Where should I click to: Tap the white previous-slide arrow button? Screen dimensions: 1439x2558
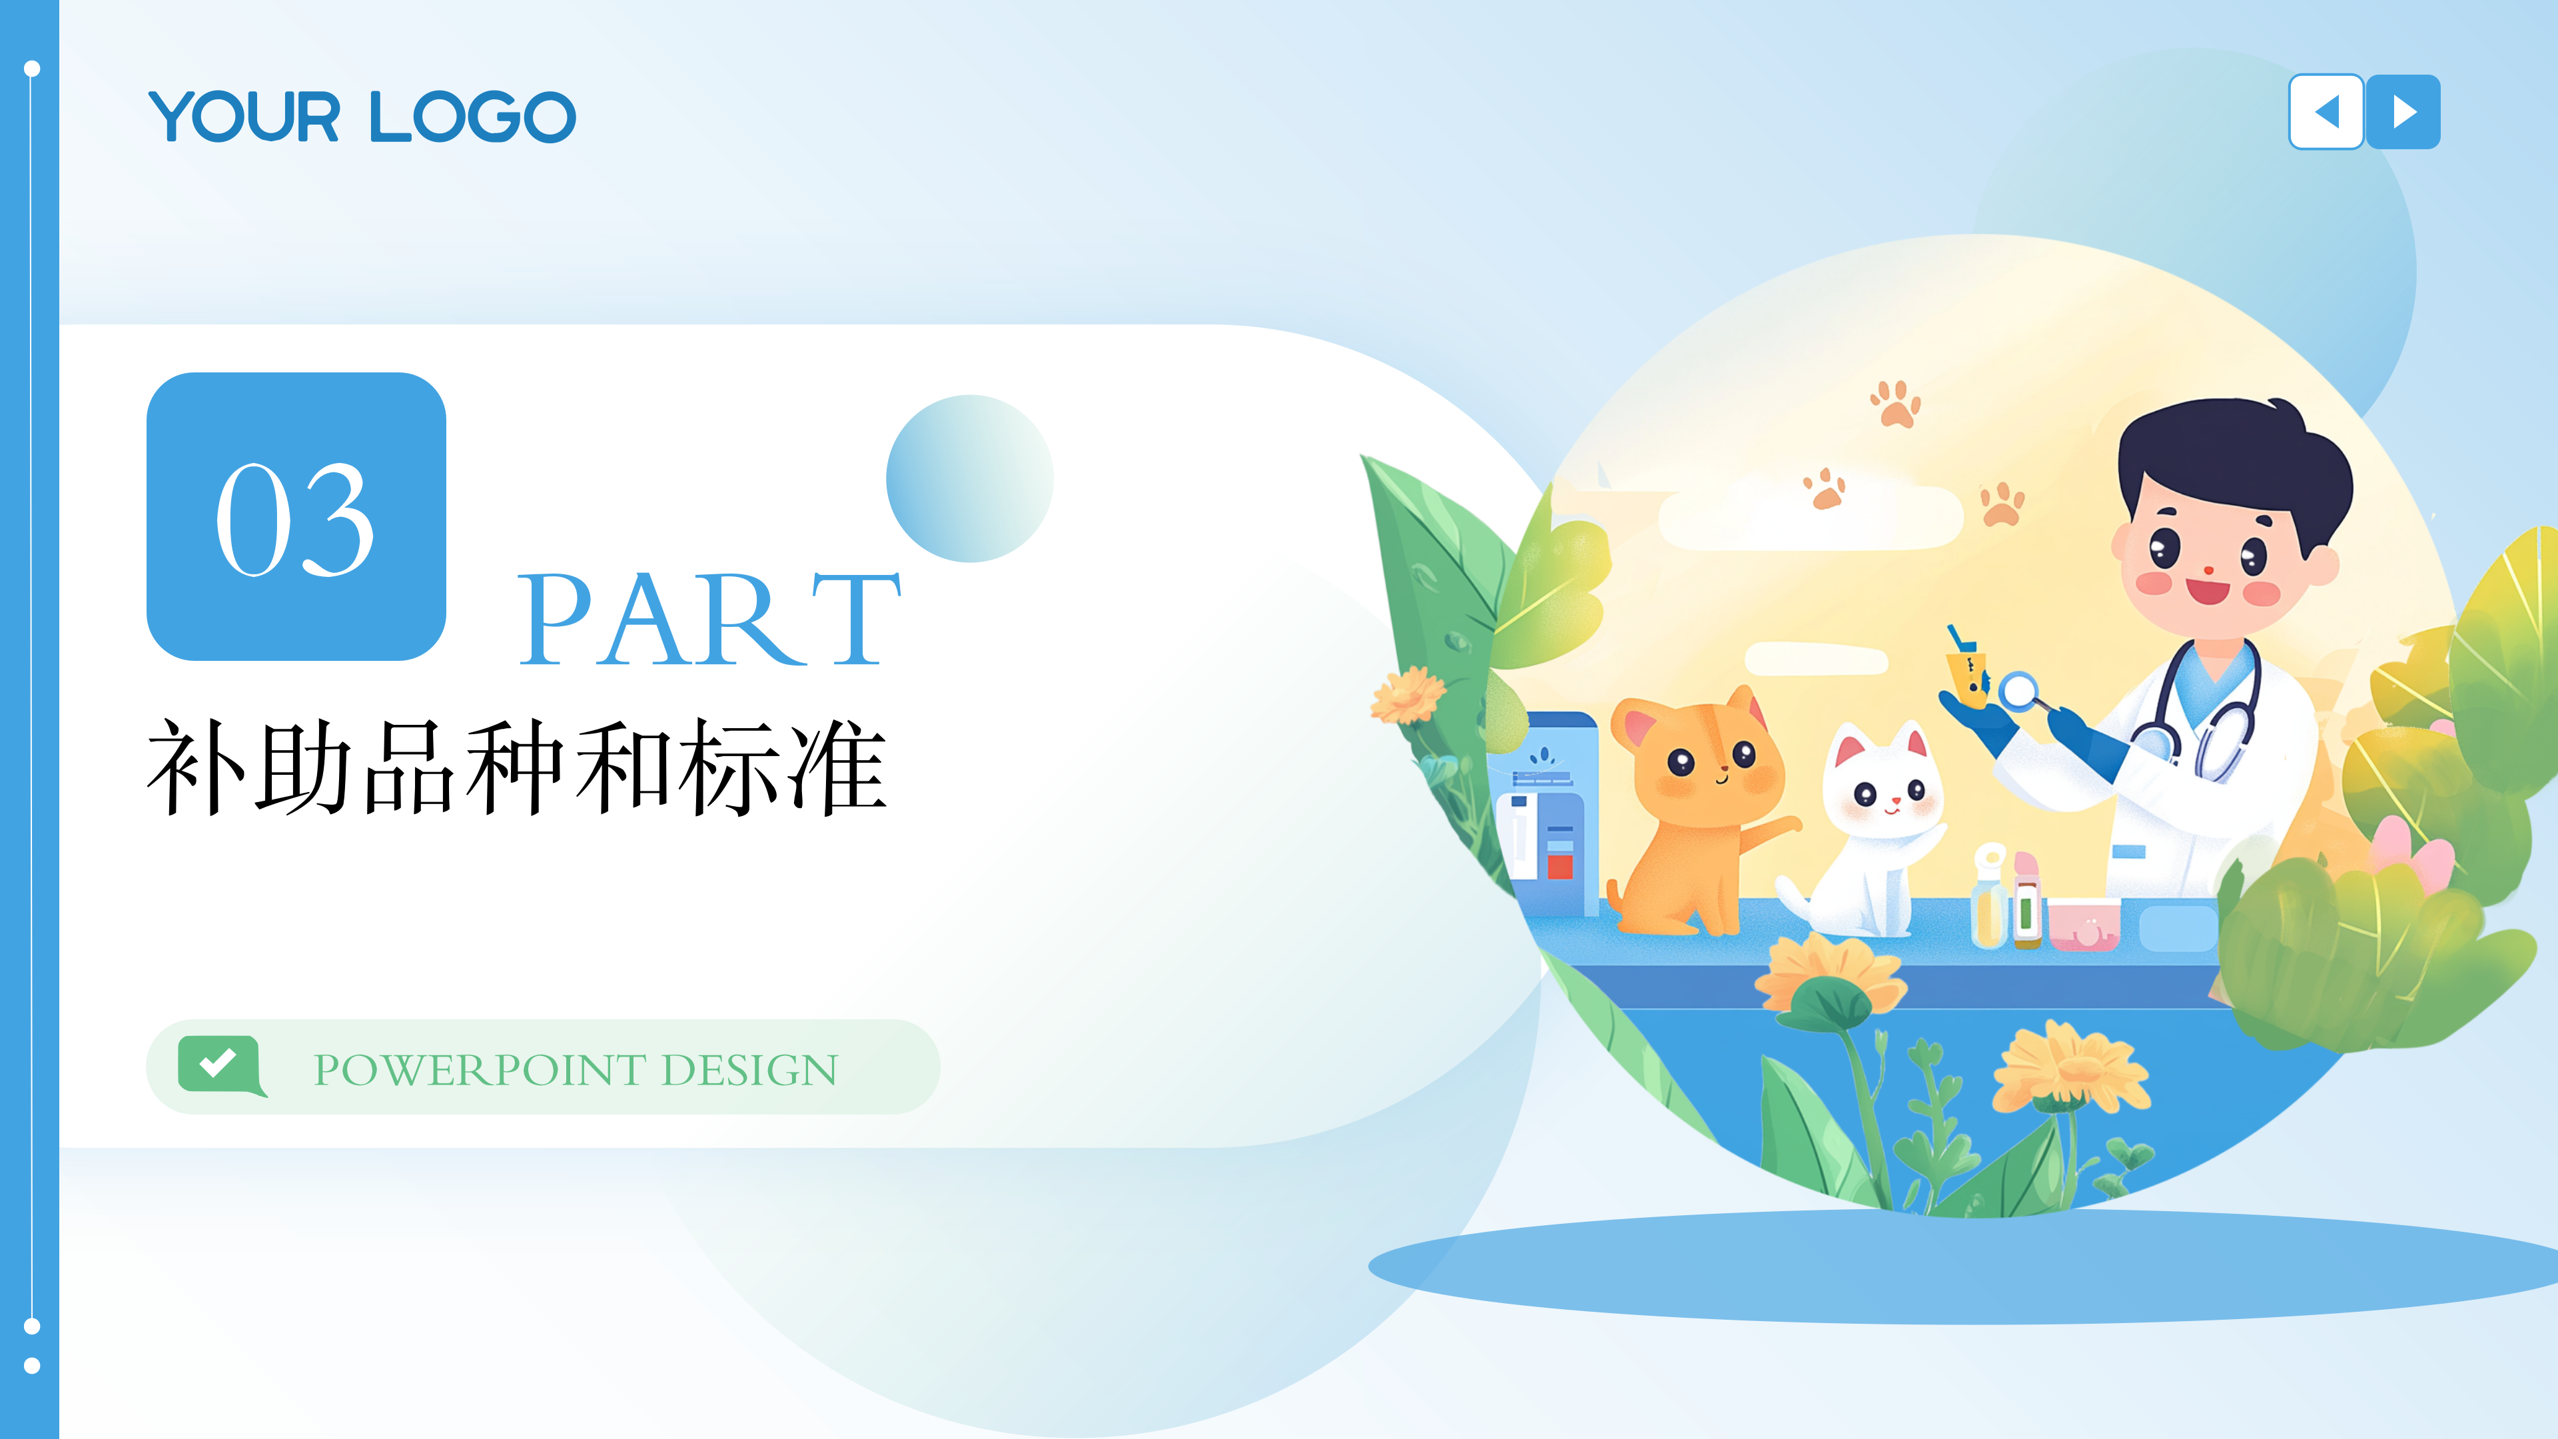(2326, 111)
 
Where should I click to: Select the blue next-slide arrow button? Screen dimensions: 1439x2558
(2403, 111)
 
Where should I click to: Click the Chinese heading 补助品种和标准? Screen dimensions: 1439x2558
(516, 767)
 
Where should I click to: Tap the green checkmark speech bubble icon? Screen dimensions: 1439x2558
(220, 1065)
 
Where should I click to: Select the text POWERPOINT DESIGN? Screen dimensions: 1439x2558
(576, 1069)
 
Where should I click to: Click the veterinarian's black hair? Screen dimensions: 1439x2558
(2234, 457)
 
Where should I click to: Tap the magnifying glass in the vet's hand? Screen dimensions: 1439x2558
(2020, 690)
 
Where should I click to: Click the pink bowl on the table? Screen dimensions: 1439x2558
(2083, 923)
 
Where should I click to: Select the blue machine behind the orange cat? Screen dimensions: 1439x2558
(1547, 814)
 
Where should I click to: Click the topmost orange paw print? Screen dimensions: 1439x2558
(1896, 404)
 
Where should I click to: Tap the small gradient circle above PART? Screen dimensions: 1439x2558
(969, 479)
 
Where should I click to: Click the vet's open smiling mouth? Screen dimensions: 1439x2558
(2208, 592)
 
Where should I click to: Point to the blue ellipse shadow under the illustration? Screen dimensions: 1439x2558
(1966, 1266)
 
